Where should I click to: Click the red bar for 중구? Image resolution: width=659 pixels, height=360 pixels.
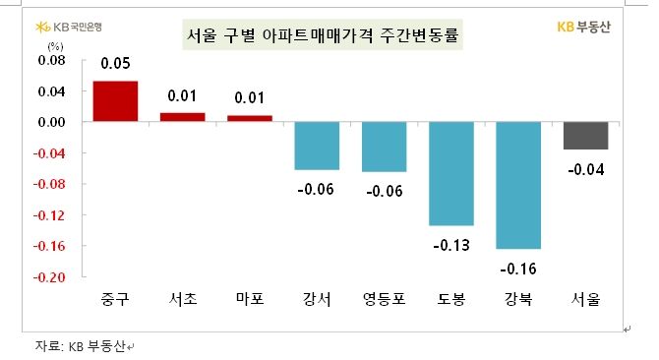click(115, 101)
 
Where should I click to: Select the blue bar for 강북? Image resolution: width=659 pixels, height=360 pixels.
click(518, 185)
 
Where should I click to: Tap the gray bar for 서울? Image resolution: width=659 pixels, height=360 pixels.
click(585, 136)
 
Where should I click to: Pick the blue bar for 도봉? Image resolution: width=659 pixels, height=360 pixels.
click(451, 173)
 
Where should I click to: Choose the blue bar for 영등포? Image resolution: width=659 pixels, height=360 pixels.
click(384, 147)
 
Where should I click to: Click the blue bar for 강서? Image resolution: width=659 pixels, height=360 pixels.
click(317, 146)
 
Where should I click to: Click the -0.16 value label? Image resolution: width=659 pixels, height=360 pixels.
click(518, 267)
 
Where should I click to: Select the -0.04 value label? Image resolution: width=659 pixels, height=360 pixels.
click(586, 168)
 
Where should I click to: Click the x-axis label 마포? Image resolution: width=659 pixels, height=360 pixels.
click(249, 299)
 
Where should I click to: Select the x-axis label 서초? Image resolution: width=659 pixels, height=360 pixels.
click(182, 299)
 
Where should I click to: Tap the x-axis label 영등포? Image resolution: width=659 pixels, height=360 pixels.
click(384, 299)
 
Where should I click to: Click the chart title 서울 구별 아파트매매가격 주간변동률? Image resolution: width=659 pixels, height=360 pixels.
click(325, 36)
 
